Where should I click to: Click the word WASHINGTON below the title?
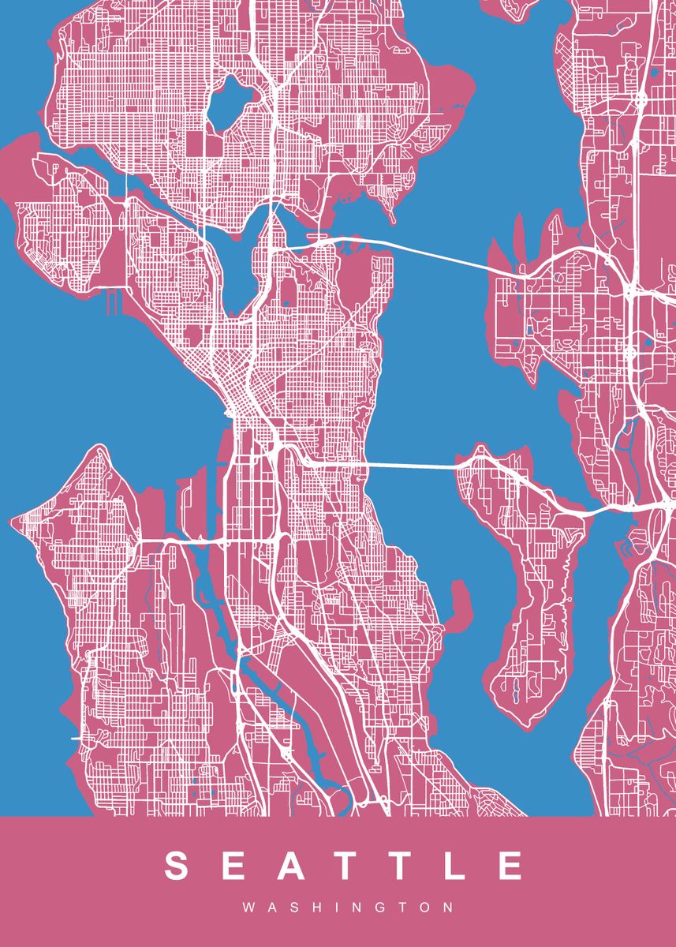tap(348, 908)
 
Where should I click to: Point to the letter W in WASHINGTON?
tap(248, 908)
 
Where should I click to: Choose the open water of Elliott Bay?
tap(142, 379)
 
